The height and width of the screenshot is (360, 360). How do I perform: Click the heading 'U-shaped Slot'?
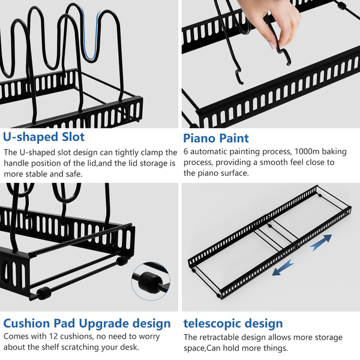point(44,137)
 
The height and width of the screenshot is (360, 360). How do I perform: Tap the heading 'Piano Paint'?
point(216,138)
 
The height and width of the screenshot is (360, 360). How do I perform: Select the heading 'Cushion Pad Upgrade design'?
point(87,323)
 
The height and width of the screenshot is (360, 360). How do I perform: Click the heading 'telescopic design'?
point(233,323)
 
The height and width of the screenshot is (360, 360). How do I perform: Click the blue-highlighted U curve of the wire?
point(91,34)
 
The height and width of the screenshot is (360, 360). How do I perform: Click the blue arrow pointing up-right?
point(321,242)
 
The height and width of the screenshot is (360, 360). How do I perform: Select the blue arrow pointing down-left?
point(283,267)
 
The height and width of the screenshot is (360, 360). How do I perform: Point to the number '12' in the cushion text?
point(55,337)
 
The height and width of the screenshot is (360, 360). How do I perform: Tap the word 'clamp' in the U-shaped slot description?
point(152,153)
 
